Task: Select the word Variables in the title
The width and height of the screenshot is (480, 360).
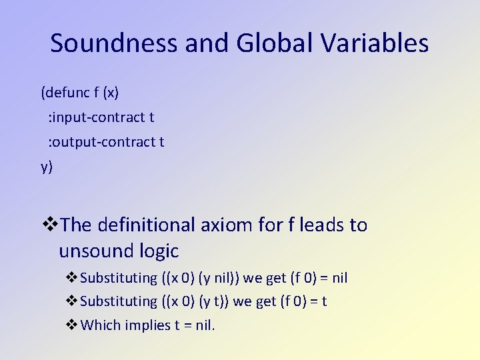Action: [x=375, y=43]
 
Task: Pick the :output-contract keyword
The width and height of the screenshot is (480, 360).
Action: [x=101, y=142]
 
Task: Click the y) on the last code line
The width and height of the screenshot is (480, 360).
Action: [x=47, y=167]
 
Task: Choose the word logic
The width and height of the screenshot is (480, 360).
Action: [x=160, y=251]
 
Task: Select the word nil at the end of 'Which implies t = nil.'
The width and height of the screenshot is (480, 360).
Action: [x=203, y=325]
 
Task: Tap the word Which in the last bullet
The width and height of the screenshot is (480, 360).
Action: [x=98, y=325]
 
